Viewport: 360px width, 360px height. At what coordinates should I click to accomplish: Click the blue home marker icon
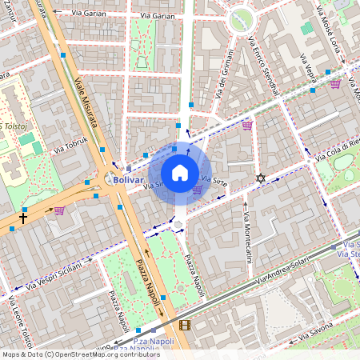179,172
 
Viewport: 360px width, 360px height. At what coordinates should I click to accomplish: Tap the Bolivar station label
128,180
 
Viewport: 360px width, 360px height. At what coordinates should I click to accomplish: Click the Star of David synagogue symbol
258,178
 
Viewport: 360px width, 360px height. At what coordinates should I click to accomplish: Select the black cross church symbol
23,217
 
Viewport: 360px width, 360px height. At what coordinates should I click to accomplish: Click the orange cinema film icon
186,324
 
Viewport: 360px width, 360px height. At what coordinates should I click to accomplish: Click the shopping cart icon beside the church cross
59,210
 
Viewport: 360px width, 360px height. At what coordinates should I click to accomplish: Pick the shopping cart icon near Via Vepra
335,83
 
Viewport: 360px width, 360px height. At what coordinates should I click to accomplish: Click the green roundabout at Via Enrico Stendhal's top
241,19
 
